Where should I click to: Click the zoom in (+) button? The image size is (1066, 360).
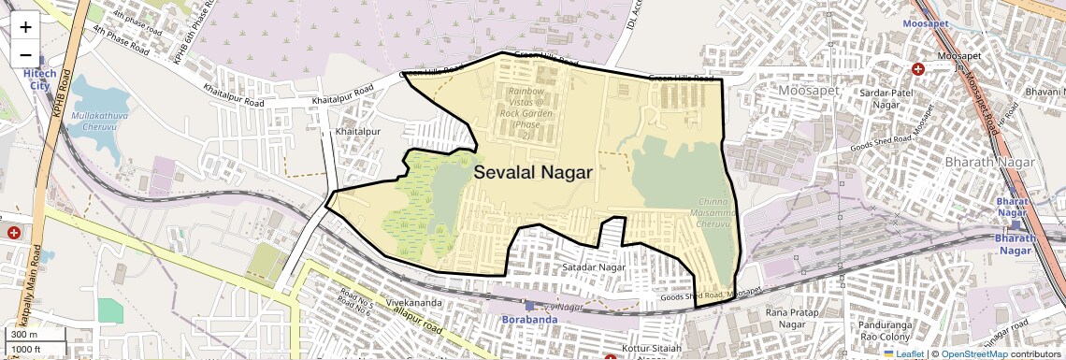pos(25,27)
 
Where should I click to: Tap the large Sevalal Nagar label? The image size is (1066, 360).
pos(533,172)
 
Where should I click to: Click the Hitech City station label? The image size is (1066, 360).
pos(40,79)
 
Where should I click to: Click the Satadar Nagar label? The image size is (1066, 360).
pos(593,267)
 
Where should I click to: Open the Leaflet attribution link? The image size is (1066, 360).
pos(904,353)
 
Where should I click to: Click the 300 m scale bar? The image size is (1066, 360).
pos(36,335)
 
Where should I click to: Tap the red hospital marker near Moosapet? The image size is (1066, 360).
pos(917,69)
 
